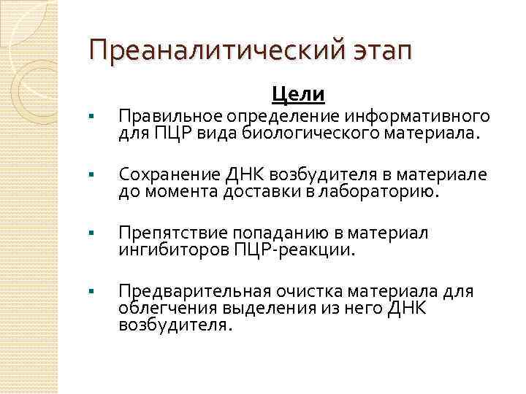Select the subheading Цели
click(298, 94)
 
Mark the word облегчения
click(161, 309)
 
